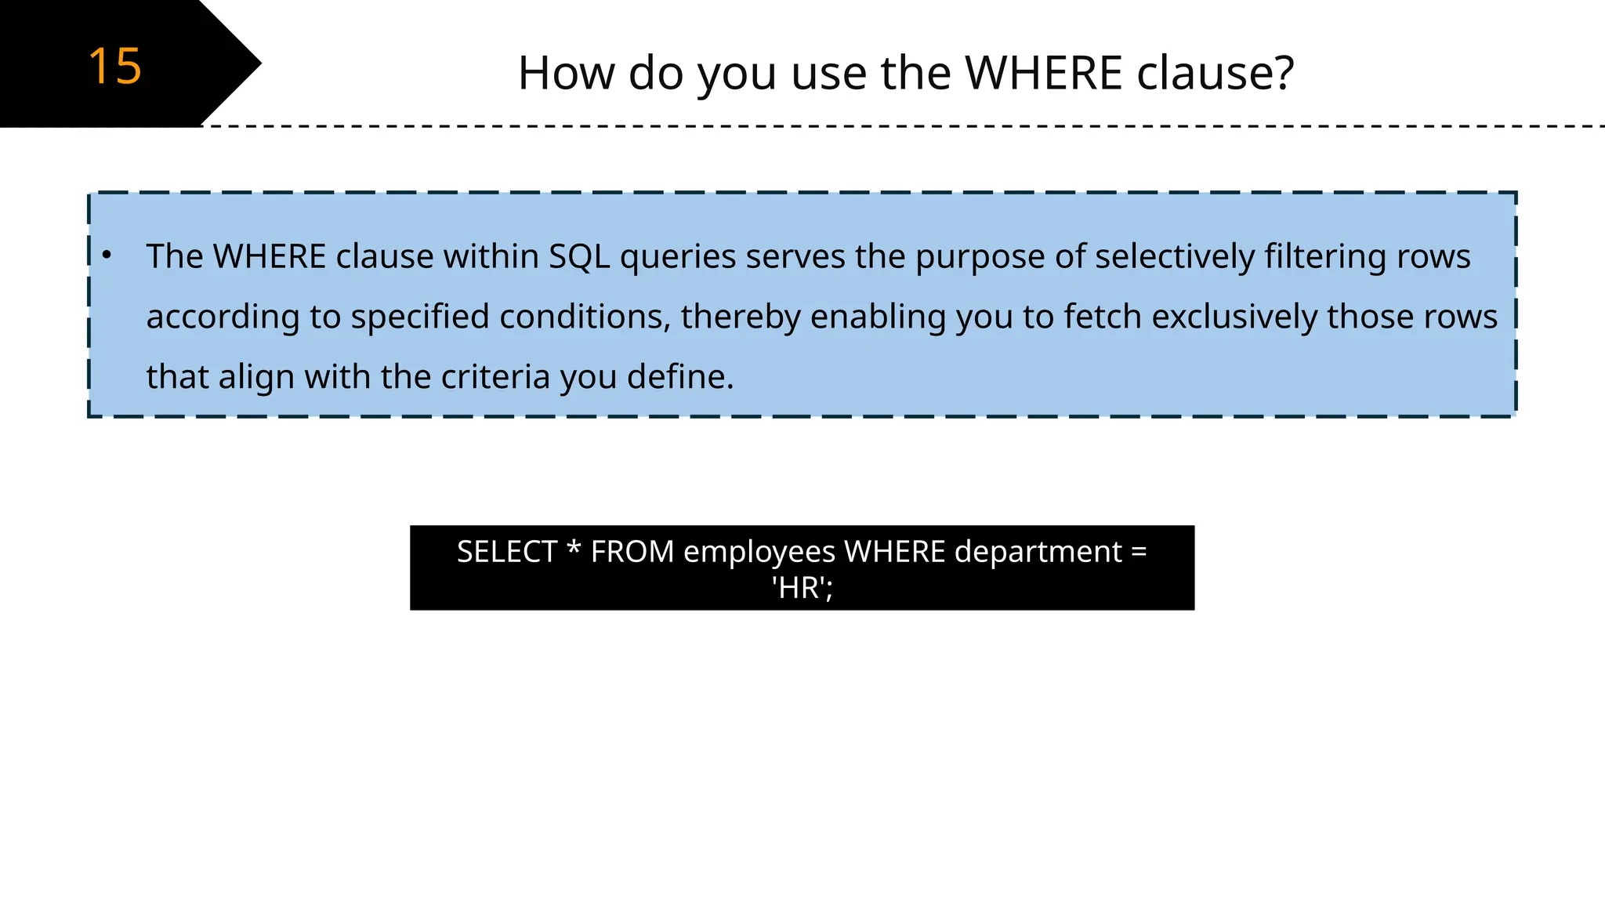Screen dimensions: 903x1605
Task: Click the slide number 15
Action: click(x=114, y=66)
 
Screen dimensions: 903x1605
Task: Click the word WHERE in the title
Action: click(x=1044, y=73)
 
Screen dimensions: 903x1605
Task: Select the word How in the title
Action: click(x=566, y=73)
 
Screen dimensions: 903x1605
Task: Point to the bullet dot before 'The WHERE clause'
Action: click(x=107, y=255)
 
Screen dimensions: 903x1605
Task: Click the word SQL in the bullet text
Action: click(x=579, y=257)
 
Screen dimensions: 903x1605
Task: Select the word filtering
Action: click(x=1317, y=257)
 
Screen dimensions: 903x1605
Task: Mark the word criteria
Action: click(x=495, y=377)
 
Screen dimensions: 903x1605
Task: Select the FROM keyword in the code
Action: click(x=632, y=552)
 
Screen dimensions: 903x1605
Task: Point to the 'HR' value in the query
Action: click(x=801, y=588)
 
